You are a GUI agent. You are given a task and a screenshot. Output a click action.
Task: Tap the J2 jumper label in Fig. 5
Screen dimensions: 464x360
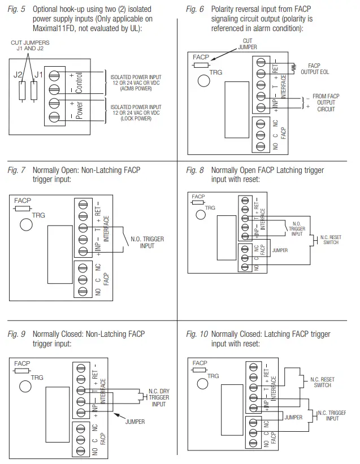point(18,75)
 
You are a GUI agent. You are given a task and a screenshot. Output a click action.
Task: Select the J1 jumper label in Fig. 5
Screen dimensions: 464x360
point(38,75)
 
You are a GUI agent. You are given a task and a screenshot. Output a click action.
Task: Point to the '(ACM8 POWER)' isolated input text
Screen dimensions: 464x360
point(135,88)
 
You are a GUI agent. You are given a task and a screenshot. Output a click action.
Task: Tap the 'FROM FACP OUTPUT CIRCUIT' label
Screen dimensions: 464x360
point(326,103)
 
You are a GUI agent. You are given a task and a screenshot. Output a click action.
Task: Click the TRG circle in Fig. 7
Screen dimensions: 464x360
point(25,224)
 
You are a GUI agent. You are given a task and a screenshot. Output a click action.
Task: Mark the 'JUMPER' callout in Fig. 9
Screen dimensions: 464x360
point(135,422)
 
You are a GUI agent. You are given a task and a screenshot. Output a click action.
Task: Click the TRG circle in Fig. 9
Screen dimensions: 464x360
point(25,387)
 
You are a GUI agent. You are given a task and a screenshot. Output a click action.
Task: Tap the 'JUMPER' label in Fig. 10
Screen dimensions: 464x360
point(293,418)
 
